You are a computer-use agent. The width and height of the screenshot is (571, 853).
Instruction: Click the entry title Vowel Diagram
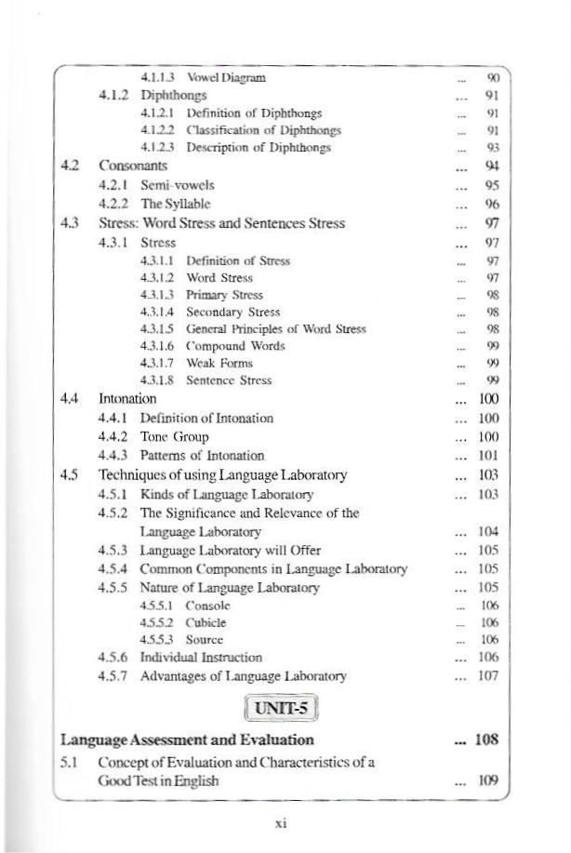point(226,78)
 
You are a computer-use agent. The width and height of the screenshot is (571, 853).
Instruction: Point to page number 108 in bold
point(486,740)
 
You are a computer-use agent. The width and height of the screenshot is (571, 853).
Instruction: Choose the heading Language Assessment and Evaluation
point(187,740)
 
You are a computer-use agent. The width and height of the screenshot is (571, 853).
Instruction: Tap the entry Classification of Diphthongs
point(263,130)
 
